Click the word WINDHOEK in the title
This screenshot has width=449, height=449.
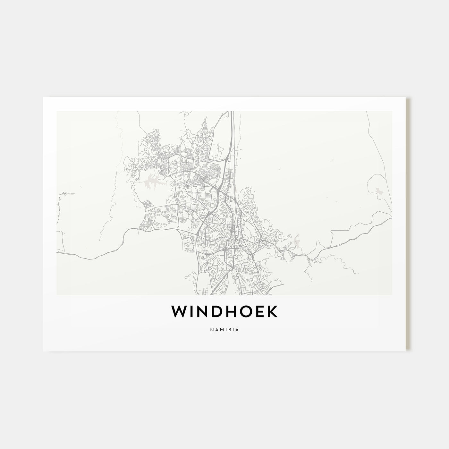[224, 312]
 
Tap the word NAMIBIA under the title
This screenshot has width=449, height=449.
[224, 329]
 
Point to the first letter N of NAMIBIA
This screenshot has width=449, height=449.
[212, 329]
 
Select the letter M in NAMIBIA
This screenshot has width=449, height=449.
[221, 329]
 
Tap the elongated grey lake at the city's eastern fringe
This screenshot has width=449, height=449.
[297, 241]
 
